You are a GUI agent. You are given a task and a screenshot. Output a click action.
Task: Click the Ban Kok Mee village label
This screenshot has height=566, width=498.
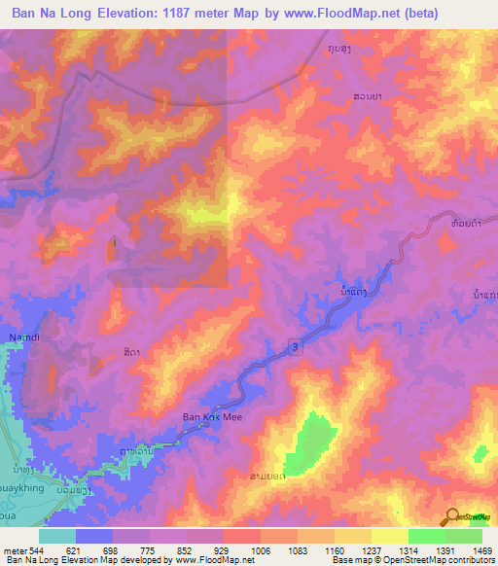(211, 418)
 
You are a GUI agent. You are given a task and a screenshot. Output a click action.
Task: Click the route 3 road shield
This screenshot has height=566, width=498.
(293, 346)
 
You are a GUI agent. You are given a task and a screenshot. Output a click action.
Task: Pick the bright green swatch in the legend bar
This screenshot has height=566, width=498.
(426, 536)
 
